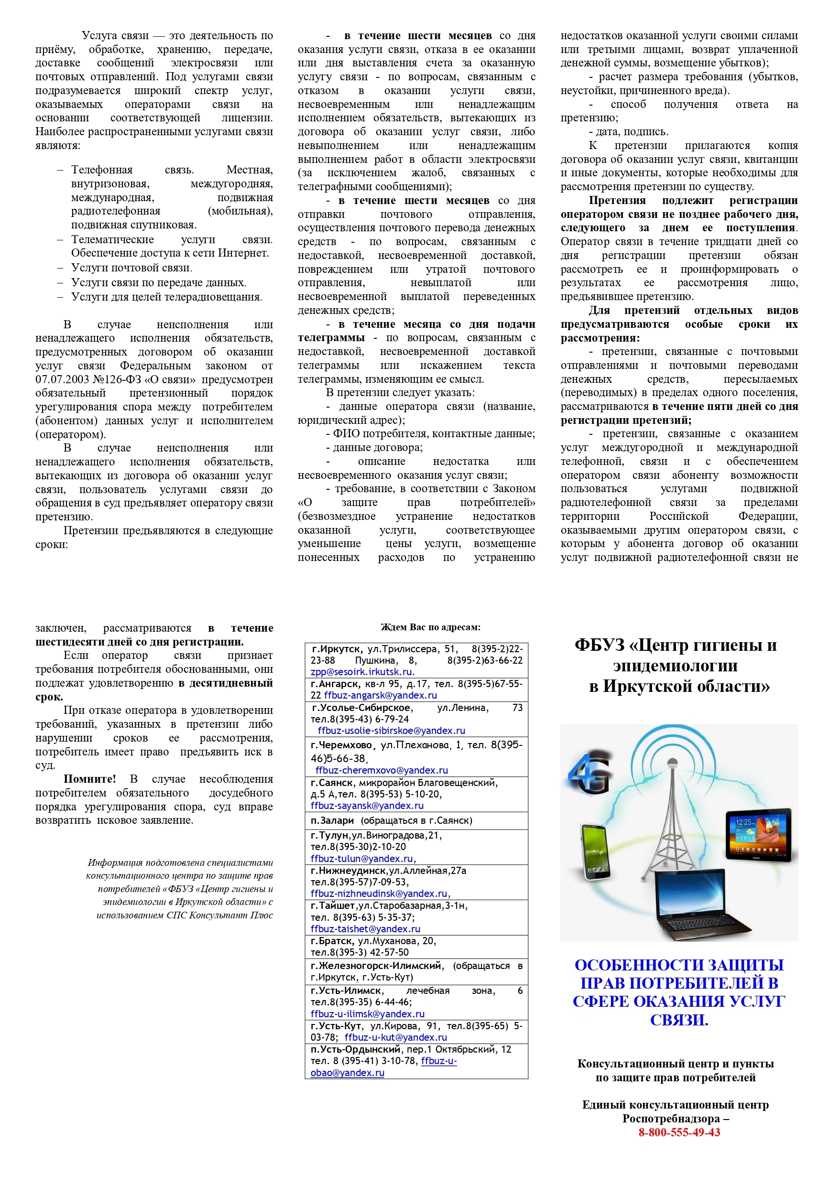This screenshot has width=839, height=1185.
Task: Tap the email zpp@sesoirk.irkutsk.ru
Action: coord(362,672)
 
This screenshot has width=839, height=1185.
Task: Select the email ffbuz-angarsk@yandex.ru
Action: coord(380,695)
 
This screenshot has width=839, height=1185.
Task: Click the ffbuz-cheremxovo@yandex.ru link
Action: coord(382,770)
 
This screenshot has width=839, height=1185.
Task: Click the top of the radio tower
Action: coord(672,762)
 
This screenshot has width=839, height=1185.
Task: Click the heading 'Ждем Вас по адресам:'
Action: coord(430,627)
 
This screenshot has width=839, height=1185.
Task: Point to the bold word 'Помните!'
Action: coord(89,779)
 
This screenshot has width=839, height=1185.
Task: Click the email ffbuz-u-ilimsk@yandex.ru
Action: coord(367,1013)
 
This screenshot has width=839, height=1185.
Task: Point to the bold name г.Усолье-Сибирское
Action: coord(361,707)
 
